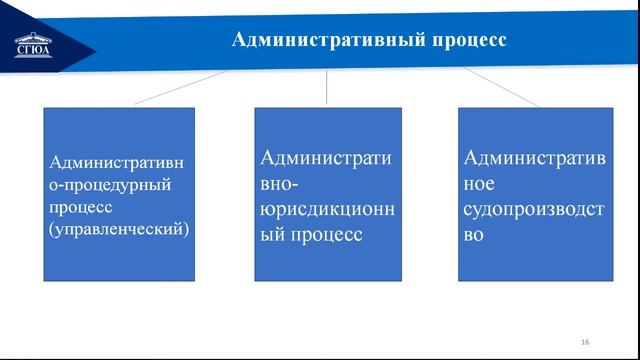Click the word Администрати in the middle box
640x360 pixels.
327,158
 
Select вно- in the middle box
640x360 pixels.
282,184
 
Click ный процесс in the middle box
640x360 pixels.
310,236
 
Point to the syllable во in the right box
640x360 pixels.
475,236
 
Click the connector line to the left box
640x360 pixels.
180,88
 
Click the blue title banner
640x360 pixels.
560,41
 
